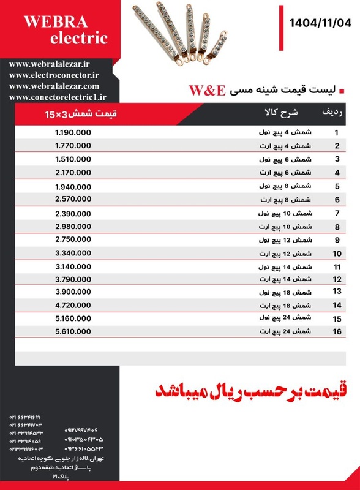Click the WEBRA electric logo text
(66, 30)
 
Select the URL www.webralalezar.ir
(50, 64)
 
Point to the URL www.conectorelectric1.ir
(58, 97)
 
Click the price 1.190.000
(73, 132)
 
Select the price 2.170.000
(73, 173)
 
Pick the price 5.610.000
(73, 331)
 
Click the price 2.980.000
(73, 227)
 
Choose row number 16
(336, 331)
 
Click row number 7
(337, 213)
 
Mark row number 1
(337, 132)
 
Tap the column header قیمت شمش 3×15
(80, 114)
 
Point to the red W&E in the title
(208, 91)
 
